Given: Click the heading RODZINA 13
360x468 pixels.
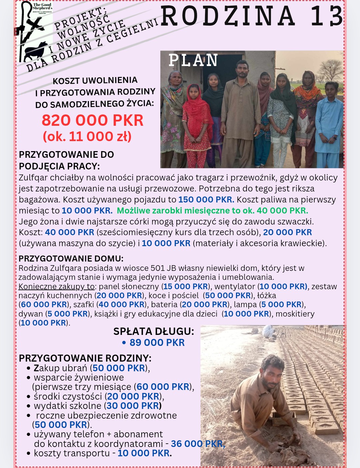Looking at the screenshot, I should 252,16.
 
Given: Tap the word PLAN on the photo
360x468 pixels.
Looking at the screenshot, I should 193,60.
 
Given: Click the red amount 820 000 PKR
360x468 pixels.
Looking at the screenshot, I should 92,120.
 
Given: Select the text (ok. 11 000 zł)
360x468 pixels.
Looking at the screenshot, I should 87,136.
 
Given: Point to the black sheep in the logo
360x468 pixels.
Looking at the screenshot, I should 36,50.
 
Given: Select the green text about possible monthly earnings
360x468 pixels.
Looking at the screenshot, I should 212,210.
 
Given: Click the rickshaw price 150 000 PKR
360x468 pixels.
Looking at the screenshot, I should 206,199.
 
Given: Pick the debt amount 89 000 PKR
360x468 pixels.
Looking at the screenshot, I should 157,343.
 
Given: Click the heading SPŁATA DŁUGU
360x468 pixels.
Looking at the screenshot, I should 153,331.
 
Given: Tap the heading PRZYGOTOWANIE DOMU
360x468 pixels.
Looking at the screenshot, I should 71,259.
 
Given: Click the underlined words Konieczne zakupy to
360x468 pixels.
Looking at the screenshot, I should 57,287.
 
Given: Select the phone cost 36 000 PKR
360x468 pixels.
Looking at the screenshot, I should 198,444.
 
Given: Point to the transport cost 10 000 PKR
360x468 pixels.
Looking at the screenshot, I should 144,453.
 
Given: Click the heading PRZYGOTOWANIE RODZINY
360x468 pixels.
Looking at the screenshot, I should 85,358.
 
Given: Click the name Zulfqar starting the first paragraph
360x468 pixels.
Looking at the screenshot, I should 33,177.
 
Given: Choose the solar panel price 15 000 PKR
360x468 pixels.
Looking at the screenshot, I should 186,287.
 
